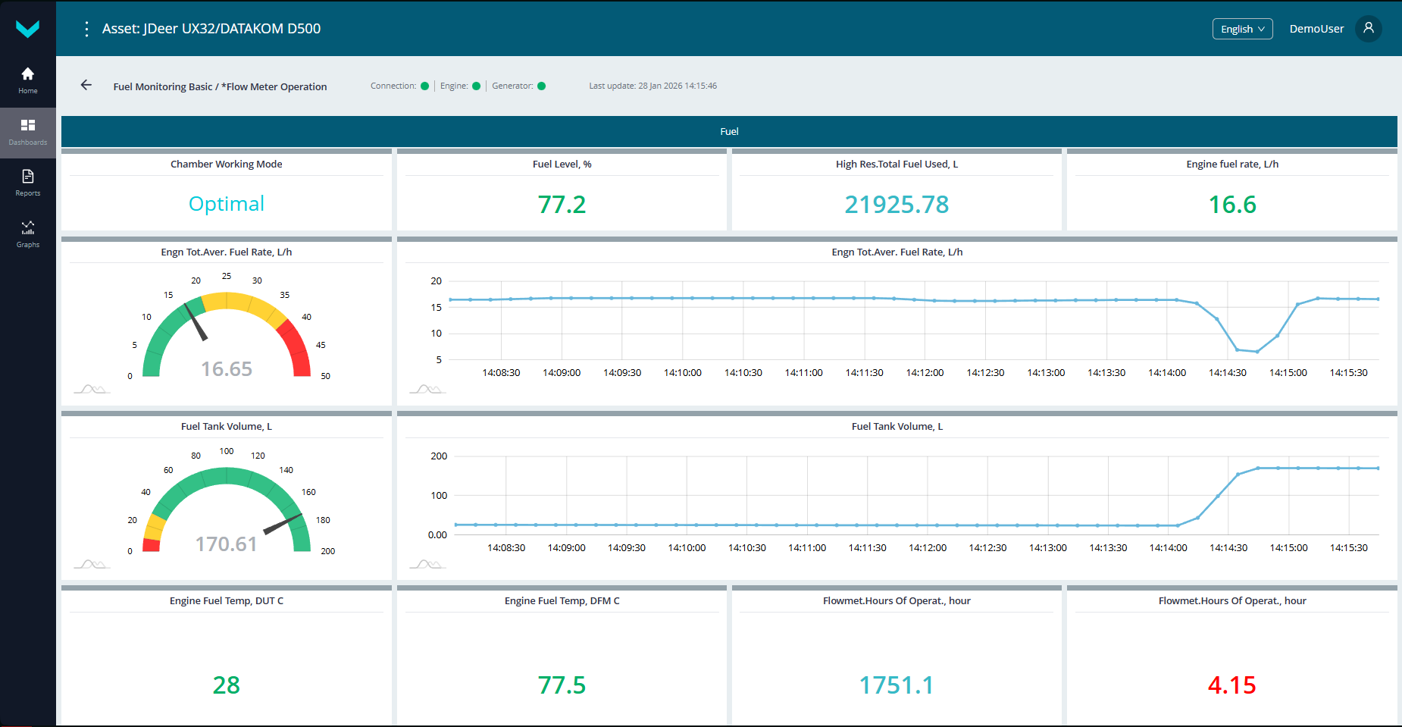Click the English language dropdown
(1242, 29)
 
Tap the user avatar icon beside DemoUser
(1368, 28)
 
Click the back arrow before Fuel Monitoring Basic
(86, 86)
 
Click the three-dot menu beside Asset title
(86, 29)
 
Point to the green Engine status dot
(476, 86)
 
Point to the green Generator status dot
(541, 86)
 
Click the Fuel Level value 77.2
(562, 205)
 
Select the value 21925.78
(897, 205)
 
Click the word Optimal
(226, 204)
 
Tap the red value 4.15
(1231, 685)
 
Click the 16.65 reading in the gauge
(226, 369)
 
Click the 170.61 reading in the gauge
(226, 544)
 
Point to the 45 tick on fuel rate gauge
(321, 345)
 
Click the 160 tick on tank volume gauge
(308, 492)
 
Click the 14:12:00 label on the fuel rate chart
(925, 373)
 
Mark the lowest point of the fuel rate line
(1256, 352)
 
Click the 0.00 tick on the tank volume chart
(437, 535)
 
